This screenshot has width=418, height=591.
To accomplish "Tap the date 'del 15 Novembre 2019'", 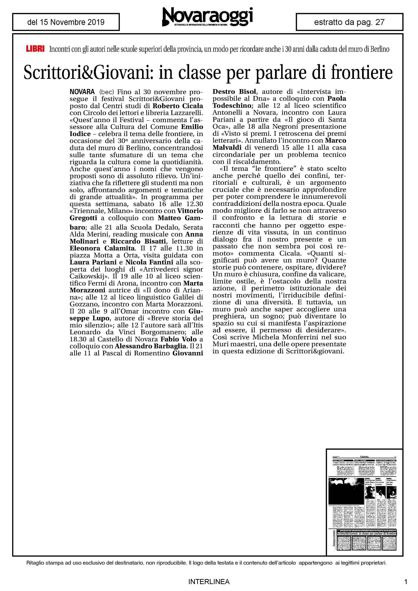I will tap(66, 22).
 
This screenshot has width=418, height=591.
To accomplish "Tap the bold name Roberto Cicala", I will tap(178, 106).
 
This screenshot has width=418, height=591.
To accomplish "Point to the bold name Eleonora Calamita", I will tap(102, 248).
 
